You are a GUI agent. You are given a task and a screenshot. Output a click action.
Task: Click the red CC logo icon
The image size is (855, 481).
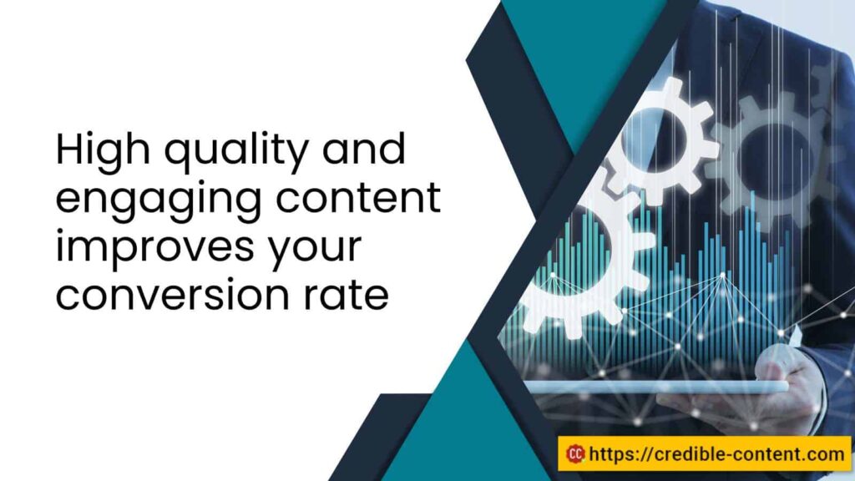[x=574, y=453]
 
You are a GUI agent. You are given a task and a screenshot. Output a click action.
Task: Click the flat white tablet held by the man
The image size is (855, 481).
[x=651, y=387]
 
